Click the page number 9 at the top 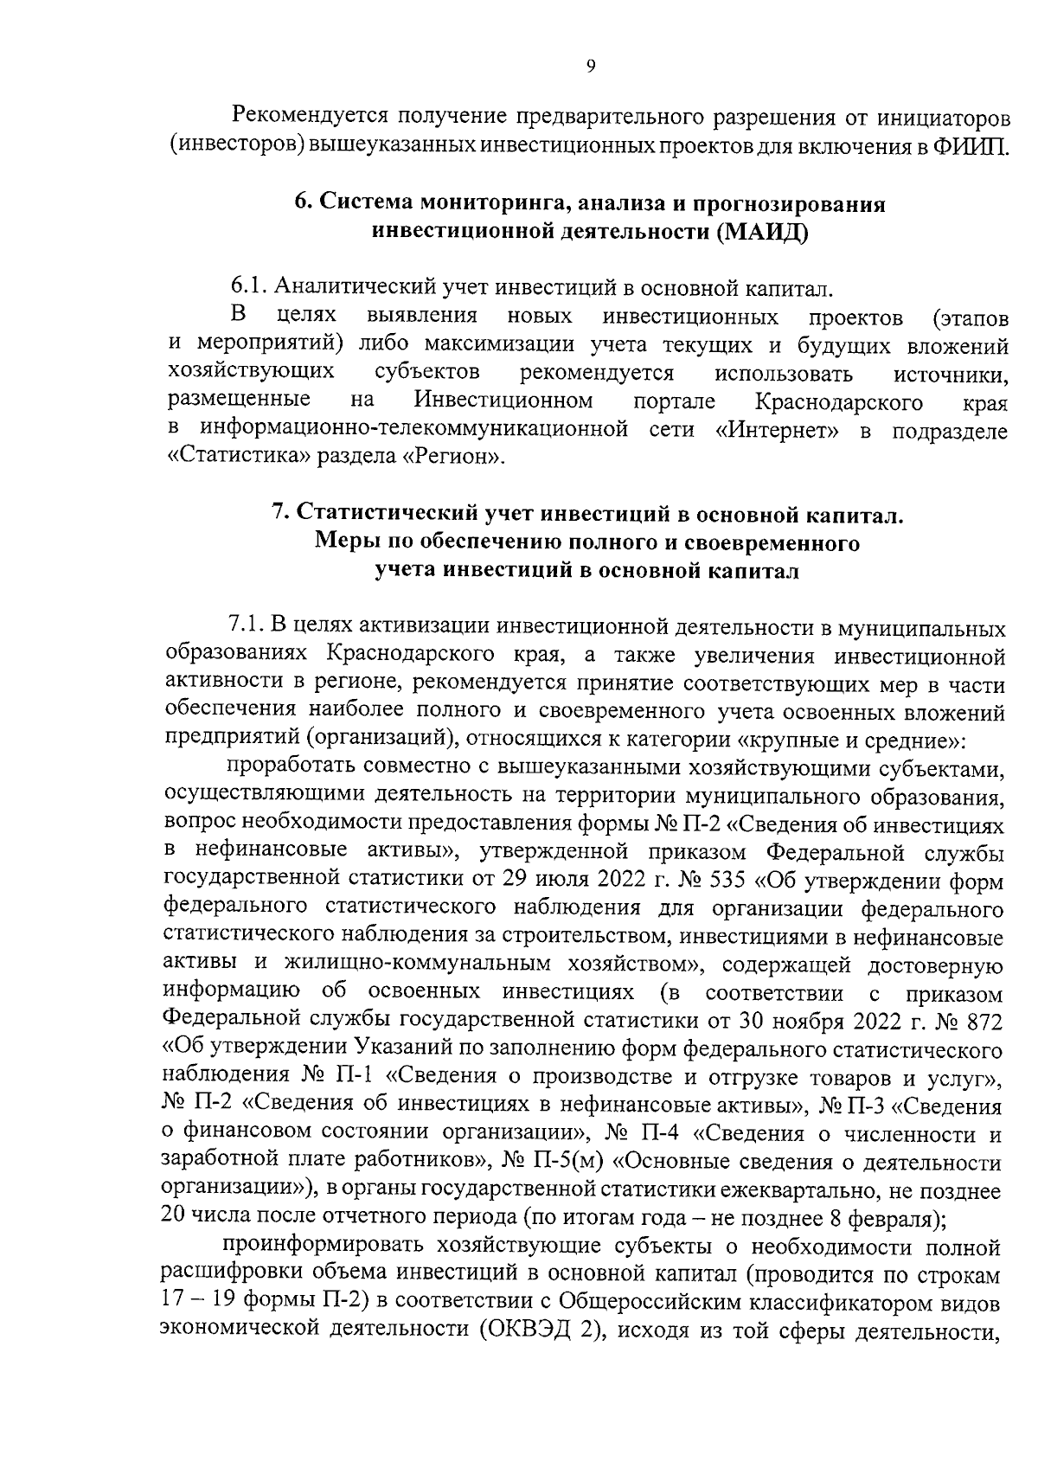coord(590,67)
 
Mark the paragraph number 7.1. coord(245,626)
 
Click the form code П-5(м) coord(570,1162)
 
